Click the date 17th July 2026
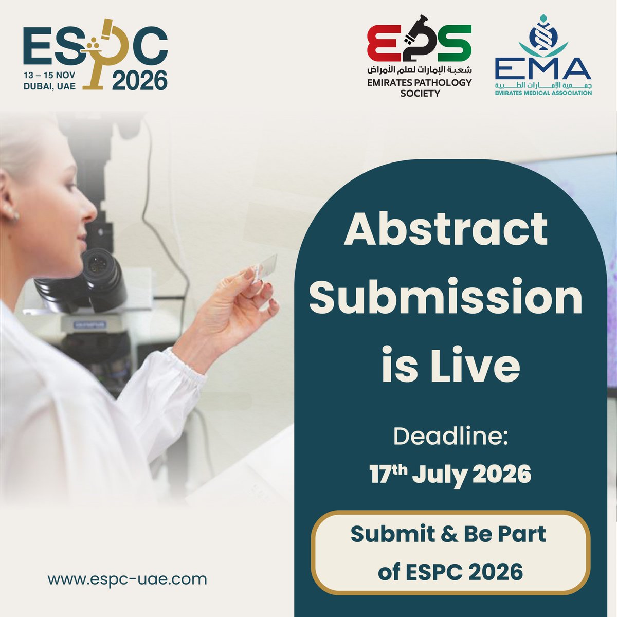click(450, 474)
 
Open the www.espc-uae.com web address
click(127, 579)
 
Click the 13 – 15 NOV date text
click(49, 75)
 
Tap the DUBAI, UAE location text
click(49, 86)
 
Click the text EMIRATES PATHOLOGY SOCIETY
click(420, 87)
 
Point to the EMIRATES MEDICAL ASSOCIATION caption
click(543, 93)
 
